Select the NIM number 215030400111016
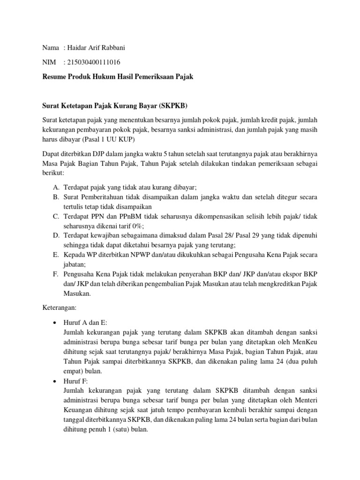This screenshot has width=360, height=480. [96, 62]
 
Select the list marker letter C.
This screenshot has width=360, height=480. [55, 216]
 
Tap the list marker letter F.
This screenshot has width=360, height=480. [55, 273]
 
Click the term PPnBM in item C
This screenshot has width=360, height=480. [122, 216]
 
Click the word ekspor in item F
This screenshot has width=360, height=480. [292, 273]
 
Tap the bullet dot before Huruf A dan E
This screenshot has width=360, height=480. [55, 323]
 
